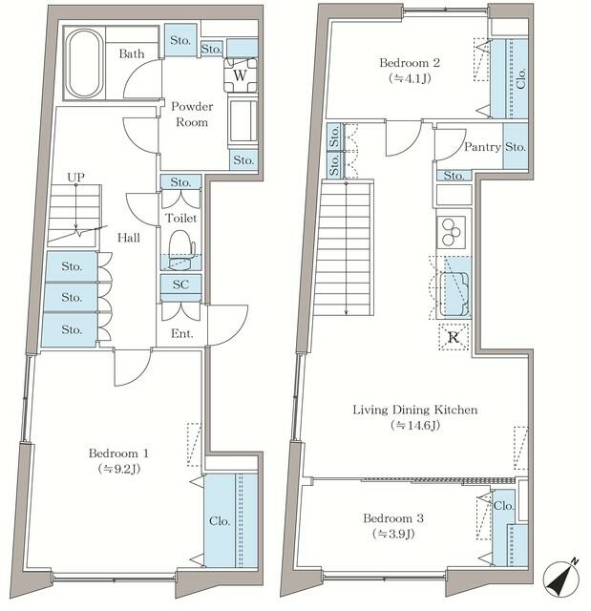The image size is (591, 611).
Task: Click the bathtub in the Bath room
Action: [x=85, y=64]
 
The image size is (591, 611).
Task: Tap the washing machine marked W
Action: [x=241, y=74]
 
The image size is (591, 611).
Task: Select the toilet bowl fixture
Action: [x=180, y=250]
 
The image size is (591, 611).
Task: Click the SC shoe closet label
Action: [x=180, y=284]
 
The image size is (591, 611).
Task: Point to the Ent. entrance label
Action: [x=181, y=333]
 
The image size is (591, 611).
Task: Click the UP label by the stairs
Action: [x=75, y=178]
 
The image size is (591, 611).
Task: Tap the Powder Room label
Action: [x=192, y=115]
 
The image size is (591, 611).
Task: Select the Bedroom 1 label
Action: [x=118, y=453]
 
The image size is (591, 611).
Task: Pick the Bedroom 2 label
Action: [x=410, y=63]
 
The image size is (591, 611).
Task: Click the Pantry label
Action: [x=482, y=147]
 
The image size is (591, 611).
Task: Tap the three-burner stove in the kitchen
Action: [x=452, y=232]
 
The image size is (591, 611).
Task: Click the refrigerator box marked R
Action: [x=454, y=337]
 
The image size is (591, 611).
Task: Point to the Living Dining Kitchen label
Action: [x=415, y=410]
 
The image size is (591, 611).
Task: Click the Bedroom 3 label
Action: [x=393, y=518]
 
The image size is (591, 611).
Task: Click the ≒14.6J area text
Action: [x=415, y=426]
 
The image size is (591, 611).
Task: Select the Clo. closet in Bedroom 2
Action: [x=510, y=78]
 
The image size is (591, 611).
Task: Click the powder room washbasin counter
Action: [x=243, y=121]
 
